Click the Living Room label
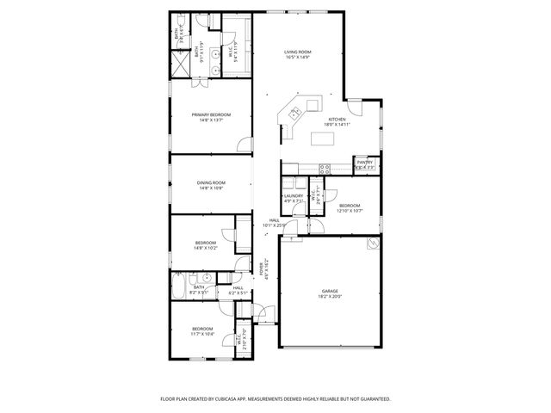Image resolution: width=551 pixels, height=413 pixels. point(298,52)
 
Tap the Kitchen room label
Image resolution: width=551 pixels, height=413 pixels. point(336,119)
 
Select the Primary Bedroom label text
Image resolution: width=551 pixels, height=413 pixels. point(211,114)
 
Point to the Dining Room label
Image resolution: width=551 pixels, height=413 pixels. point(211,182)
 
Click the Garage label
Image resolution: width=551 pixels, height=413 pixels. point(331,291)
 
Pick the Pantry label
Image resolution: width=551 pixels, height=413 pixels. point(364,162)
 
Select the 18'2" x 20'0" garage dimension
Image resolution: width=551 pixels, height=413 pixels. point(331,297)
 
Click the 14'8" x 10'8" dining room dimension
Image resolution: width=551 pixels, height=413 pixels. point(211,188)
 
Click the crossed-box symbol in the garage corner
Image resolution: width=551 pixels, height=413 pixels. point(372,243)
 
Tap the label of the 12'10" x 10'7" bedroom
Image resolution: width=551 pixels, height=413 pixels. point(349,205)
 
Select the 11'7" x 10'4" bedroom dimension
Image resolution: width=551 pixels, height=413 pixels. point(202,334)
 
